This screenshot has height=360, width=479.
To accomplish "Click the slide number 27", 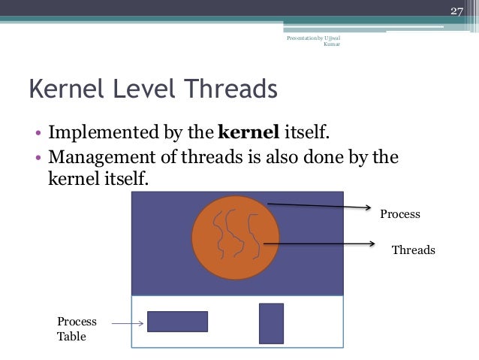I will point(456,11).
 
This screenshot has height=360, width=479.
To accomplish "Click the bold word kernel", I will point(249,135).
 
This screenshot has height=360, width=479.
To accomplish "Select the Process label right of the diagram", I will point(399,214).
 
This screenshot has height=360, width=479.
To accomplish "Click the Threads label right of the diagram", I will point(414,250).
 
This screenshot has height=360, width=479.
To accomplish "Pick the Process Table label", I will point(77,329).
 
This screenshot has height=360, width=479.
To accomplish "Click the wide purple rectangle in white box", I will point(177,322).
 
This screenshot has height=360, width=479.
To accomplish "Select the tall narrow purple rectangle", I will point(271,323).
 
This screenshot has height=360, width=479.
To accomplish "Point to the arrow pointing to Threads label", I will point(319,244).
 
